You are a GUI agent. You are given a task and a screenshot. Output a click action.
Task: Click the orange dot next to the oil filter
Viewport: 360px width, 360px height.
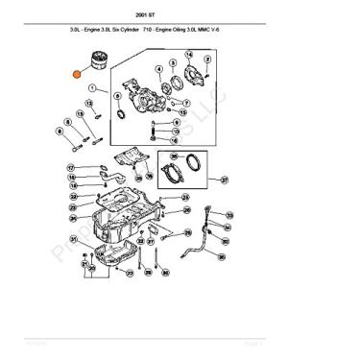[77, 72]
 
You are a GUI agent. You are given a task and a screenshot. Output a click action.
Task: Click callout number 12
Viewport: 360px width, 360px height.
[89, 103]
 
